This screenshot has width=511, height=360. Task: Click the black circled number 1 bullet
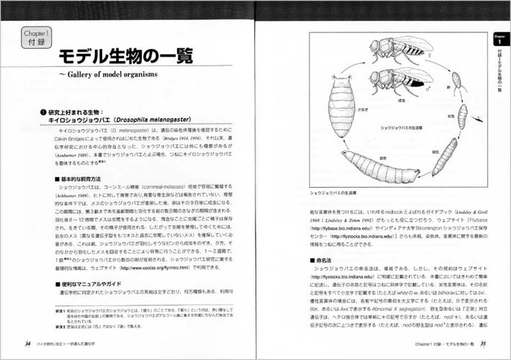click(42, 111)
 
